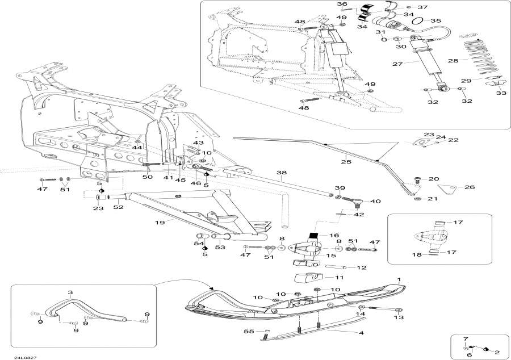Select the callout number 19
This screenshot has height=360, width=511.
(161, 222)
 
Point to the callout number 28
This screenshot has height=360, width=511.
(453, 60)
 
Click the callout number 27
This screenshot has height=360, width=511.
(396, 64)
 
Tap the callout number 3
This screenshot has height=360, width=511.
(70, 292)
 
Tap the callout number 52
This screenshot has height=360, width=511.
(118, 208)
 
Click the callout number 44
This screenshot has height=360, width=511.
(136, 148)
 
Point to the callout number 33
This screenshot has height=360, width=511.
(501, 93)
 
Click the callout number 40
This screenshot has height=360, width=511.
(375, 201)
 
